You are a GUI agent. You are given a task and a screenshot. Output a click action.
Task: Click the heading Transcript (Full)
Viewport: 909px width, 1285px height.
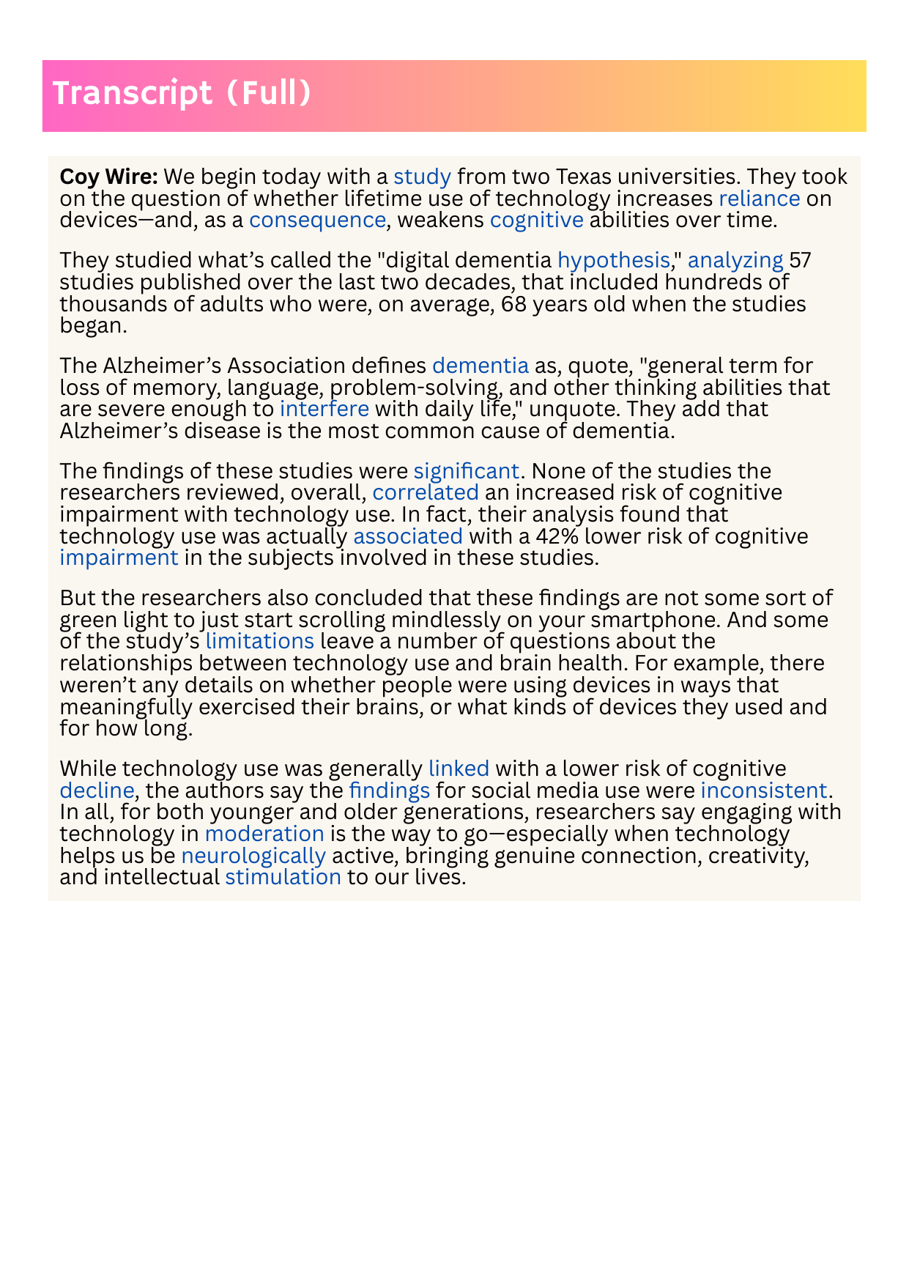[x=182, y=94]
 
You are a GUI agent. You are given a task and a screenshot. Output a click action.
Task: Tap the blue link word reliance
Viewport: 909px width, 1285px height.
[x=759, y=199]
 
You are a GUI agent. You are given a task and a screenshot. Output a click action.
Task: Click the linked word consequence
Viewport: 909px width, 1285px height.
[x=317, y=220]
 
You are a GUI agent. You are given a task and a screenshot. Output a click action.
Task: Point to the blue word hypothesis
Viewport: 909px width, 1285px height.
[x=614, y=260]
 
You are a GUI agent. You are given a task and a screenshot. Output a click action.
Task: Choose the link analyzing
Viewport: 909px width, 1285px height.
[x=735, y=260]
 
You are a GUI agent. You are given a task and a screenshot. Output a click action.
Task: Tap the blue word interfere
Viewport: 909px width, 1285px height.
[x=324, y=408]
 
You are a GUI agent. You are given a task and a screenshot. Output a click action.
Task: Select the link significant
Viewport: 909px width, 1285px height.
[x=466, y=470]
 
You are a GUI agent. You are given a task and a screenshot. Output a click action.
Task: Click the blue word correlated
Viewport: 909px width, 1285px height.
[x=426, y=492]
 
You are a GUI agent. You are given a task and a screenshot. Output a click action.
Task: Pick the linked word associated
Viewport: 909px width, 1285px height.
[x=407, y=536]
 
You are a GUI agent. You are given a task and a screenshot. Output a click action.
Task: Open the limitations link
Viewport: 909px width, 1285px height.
[x=259, y=641]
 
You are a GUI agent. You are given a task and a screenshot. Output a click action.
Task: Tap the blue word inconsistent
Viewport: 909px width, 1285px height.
[x=763, y=790]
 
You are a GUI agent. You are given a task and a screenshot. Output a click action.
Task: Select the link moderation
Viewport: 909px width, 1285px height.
[x=264, y=834]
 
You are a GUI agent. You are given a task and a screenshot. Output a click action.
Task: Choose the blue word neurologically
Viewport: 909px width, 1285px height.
[x=253, y=856]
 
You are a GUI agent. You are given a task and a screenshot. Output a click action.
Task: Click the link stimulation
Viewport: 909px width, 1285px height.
[x=283, y=877]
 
